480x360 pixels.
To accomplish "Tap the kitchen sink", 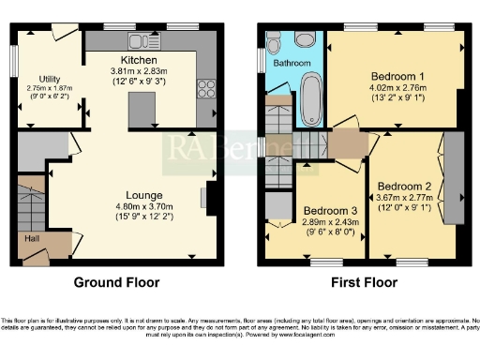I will click(142, 40).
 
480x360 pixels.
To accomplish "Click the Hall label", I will click(30, 239).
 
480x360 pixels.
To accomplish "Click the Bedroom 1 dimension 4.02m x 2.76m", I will click(397, 89).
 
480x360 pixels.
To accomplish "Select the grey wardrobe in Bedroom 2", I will click(455, 177).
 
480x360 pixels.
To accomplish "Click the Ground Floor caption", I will click(117, 281).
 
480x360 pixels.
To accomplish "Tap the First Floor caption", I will click(363, 281).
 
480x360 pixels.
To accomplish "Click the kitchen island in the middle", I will click(141, 110).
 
